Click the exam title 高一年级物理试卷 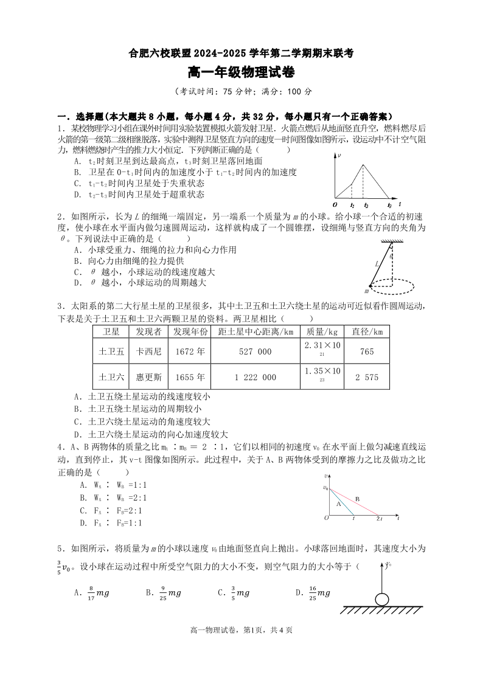coord(241,73)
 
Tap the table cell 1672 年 coord(190,352)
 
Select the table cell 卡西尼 coord(149,352)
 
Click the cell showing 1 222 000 coord(255,377)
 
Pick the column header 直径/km coord(367,331)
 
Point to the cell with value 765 coord(367,352)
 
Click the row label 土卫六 coord(111,377)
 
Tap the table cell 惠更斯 coord(149,377)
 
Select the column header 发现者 coord(149,331)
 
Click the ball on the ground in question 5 coord(381,599)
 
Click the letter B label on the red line coord(357,499)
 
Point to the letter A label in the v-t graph coord(338,504)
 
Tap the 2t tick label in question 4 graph coord(379,519)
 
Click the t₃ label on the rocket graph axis coord(389,206)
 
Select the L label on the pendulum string coord(377,263)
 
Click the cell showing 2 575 coord(367,377)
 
